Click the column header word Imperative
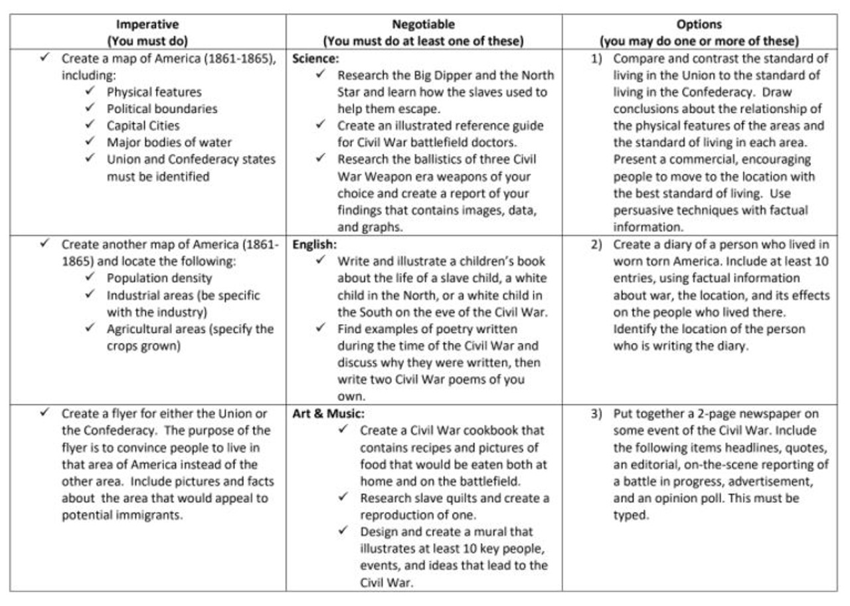click(147, 25)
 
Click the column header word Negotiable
click(423, 25)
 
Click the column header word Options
click(699, 25)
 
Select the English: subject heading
click(314, 245)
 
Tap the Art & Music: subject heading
click(328, 413)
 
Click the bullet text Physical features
click(153, 92)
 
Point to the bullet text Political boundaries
click(161, 108)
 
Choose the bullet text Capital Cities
click(143, 126)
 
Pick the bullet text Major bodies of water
click(169, 142)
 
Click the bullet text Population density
click(159, 278)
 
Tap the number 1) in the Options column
click(596, 58)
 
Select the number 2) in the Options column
click(596, 245)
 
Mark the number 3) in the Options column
click(596, 413)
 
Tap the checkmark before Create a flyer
click(44, 413)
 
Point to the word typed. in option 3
click(630, 515)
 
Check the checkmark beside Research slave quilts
click(343, 497)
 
